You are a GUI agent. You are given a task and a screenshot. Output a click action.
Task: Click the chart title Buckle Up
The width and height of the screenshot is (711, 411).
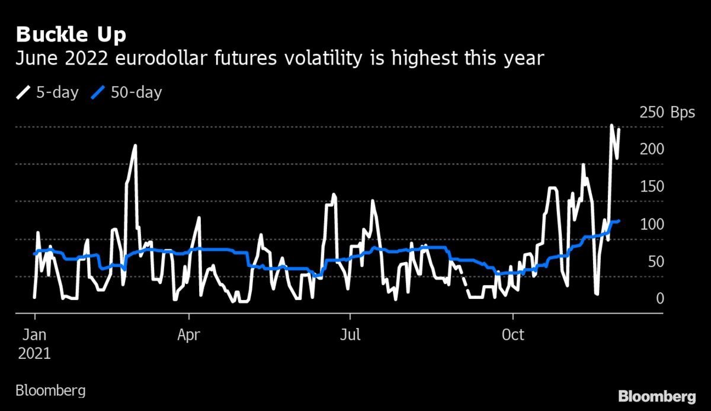(71, 35)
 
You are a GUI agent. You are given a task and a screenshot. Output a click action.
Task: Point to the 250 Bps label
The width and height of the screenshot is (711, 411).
(667, 113)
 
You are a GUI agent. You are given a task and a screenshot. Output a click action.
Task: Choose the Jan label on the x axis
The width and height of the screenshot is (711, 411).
(34, 335)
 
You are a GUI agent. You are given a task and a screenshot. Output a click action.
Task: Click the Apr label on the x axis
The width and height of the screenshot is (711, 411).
(189, 335)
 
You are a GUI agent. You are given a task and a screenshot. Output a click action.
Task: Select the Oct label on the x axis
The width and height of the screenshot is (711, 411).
(513, 335)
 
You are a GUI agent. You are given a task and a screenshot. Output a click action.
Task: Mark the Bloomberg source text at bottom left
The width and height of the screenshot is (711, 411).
(50, 391)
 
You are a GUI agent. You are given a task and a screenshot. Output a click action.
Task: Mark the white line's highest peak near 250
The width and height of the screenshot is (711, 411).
(611, 125)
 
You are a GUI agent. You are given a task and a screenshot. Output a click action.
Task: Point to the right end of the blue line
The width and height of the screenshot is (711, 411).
(619, 221)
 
